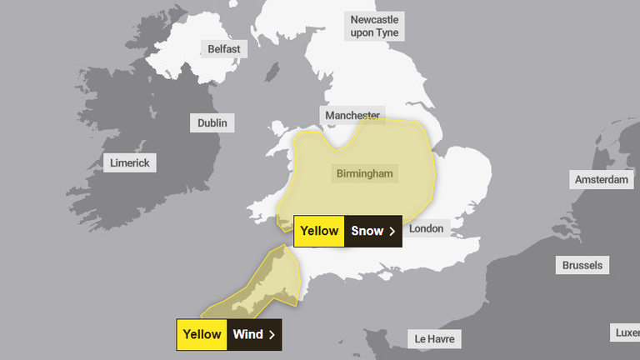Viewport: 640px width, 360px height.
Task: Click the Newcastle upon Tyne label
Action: click(x=374, y=26)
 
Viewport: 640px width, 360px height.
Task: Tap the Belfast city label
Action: click(x=224, y=49)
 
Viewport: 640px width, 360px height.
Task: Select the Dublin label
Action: click(x=212, y=123)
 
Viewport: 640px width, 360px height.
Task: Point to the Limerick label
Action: click(x=130, y=162)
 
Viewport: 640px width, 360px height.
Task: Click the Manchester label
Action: click(x=352, y=115)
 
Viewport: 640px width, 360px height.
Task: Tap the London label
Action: click(x=427, y=228)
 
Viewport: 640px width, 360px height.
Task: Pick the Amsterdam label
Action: click(x=601, y=180)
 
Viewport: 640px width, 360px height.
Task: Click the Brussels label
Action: click(x=582, y=266)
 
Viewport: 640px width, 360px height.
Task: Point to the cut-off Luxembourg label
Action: click(x=627, y=332)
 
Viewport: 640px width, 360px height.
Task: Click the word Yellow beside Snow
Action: click(x=319, y=232)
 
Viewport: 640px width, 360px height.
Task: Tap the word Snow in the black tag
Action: click(x=367, y=232)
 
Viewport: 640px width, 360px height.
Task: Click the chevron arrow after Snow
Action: click(x=392, y=232)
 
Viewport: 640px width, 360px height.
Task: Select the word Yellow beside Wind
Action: click(x=202, y=335)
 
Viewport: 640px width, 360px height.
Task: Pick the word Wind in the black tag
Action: click(x=247, y=335)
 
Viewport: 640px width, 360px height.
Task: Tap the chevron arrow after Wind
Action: click(x=272, y=335)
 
